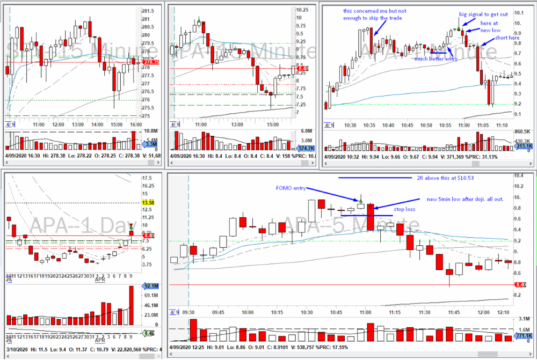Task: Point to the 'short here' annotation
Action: click(x=507, y=38)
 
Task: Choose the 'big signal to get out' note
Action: click(x=482, y=14)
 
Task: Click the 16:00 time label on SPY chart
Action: click(x=135, y=124)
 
